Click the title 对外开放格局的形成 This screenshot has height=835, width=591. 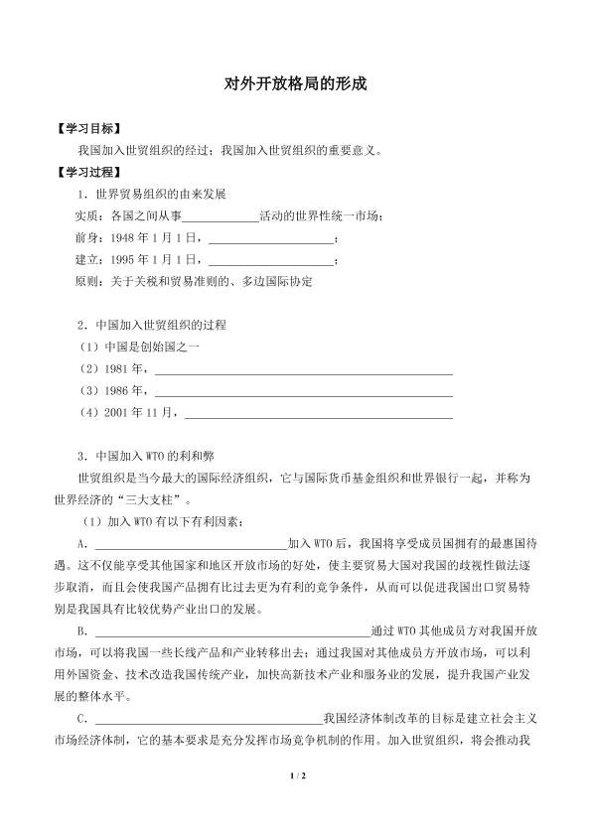point(295,86)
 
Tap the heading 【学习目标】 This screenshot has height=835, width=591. point(89,130)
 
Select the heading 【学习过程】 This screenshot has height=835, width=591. point(89,171)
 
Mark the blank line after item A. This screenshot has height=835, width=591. point(190,546)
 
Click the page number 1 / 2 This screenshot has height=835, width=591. point(295,803)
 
